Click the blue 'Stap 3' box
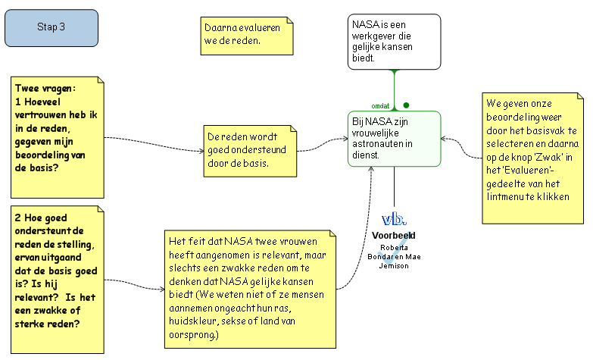click(51, 27)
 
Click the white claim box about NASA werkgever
click(394, 42)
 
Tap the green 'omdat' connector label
click(381, 106)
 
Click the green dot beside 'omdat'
click(406, 105)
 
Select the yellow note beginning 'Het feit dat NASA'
click(250, 287)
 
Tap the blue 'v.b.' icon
click(394, 219)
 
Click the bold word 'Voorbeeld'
click(394, 235)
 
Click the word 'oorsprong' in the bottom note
click(194, 334)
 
